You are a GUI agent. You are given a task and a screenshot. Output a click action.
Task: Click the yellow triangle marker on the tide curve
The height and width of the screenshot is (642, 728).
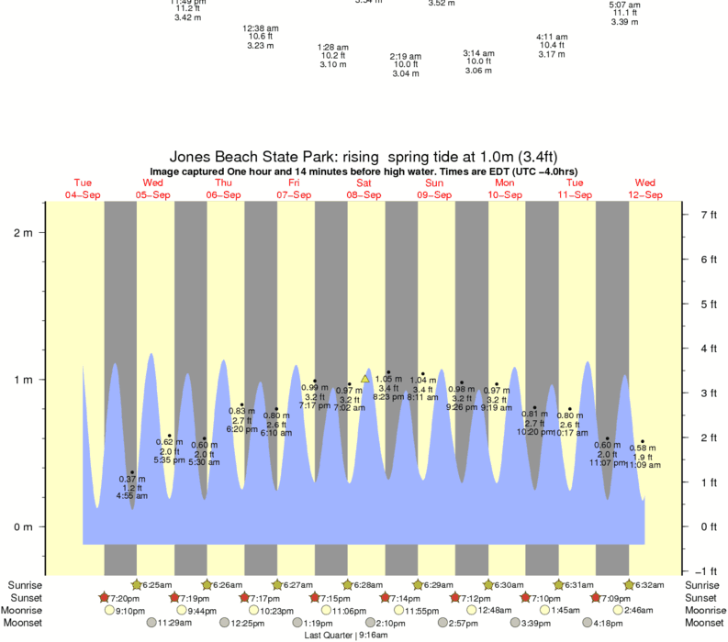tap(364, 378)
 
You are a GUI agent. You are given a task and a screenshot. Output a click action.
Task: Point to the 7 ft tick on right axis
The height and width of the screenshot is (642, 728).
tap(708, 215)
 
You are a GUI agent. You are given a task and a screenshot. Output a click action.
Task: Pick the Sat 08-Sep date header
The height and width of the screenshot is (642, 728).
tap(364, 188)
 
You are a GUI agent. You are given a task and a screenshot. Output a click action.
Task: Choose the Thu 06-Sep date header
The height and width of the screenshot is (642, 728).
tap(223, 188)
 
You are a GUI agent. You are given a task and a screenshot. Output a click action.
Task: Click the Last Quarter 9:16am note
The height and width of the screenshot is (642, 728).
tap(343, 634)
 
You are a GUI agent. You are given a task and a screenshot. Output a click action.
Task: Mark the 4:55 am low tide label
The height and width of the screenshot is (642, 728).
tap(132, 496)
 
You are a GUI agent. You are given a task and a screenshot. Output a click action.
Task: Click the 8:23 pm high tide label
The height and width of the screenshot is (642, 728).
tap(388, 397)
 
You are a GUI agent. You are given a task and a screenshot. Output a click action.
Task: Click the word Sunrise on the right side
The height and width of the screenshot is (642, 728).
tap(705, 584)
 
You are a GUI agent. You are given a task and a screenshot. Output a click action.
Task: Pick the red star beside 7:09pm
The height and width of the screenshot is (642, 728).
tap(597, 597)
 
